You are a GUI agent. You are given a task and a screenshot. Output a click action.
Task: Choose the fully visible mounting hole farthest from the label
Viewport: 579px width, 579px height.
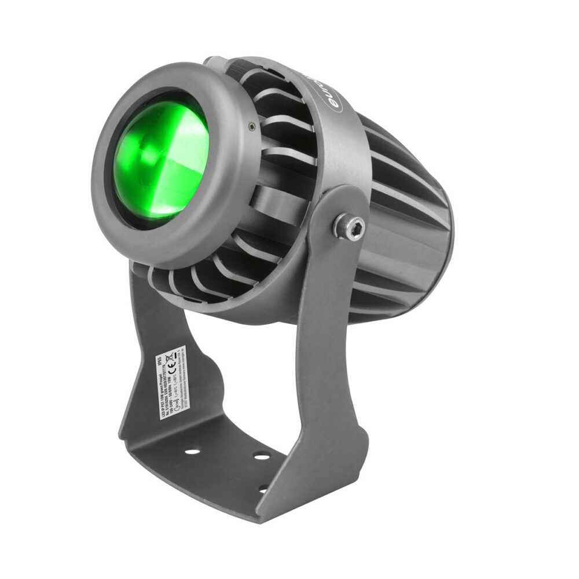262,457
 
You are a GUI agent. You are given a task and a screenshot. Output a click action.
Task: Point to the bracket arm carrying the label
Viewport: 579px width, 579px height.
145,347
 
